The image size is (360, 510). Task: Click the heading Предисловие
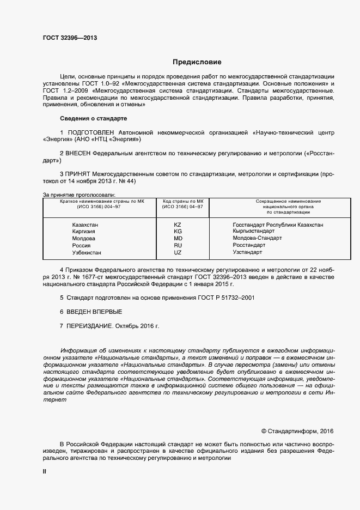pyautogui.click(x=197, y=62)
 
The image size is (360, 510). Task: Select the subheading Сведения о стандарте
pyautogui.click(x=93, y=118)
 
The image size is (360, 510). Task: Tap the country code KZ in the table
pyautogui.click(x=178, y=224)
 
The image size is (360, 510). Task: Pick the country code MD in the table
pyautogui.click(x=178, y=239)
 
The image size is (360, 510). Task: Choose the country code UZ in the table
pyautogui.click(x=178, y=253)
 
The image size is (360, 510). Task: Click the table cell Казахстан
pyautogui.click(x=86, y=224)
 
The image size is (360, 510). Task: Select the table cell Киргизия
pyautogui.click(x=84, y=232)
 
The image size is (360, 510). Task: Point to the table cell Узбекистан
pyautogui.click(x=87, y=253)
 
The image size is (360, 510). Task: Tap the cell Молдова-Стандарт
pyautogui.click(x=257, y=239)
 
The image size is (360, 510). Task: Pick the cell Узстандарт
pyautogui.click(x=247, y=253)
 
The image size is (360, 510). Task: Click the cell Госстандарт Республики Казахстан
pyautogui.click(x=278, y=224)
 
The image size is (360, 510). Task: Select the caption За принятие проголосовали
pyautogui.click(x=79, y=195)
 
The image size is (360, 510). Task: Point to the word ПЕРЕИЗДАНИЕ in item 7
pyautogui.click(x=91, y=326)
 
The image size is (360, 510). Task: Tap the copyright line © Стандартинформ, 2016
pyautogui.click(x=297, y=430)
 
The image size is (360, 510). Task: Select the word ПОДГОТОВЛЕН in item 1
pyautogui.click(x=93, y=132)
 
